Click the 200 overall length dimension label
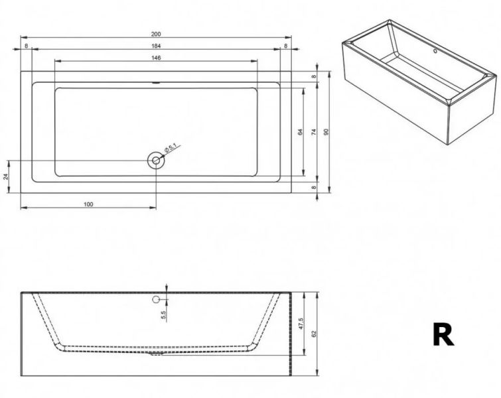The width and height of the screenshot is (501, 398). point(156,34)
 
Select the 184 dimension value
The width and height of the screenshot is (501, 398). point(156,46)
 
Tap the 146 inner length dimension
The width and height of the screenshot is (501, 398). point(156,58)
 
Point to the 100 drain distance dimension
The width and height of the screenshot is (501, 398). point(88,204)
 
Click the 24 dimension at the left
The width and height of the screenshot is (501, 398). point(6,176)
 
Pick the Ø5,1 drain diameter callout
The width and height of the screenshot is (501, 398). point(171,147)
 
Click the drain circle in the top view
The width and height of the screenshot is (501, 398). point(156,161)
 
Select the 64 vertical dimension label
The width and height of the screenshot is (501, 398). point(300,131)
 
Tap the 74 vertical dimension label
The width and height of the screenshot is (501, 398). point(313,131)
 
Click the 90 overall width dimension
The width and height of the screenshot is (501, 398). point(326,131)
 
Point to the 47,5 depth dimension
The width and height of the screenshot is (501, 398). point(301,324)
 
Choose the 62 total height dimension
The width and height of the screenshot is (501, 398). point(314,334)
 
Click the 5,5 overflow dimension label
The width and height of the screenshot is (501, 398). point(164,315)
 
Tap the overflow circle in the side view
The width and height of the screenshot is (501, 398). point(156,299)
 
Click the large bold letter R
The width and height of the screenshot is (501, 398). point(443,334)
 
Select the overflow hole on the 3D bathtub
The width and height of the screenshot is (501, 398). point(435,51)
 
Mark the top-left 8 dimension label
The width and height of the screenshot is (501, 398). point(26,46)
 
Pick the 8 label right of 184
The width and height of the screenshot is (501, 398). point(285,46)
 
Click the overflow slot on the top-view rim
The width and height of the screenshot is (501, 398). point(156,83)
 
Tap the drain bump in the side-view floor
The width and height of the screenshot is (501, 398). point(157,354)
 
